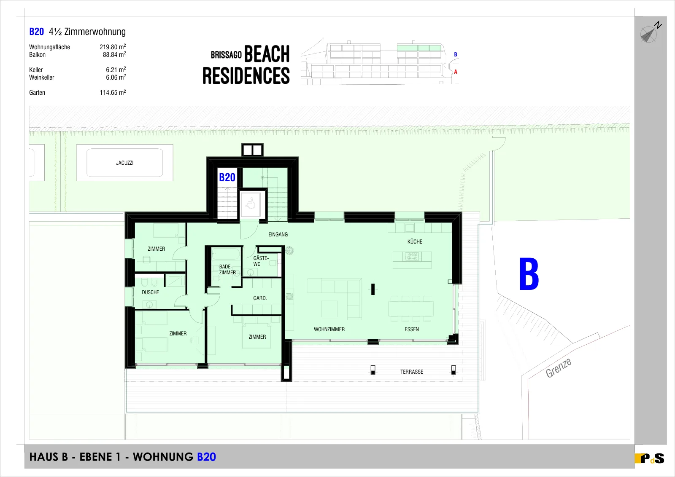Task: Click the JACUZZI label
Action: point(125,163)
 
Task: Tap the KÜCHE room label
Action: point(415,241)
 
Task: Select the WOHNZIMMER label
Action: point(329,329)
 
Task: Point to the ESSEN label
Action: point(412,329)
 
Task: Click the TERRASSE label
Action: point(412,372)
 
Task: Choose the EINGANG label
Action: point(278,234)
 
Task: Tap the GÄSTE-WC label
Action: point(261,261)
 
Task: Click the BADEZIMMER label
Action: point(227,269)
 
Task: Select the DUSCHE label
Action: point(150,292)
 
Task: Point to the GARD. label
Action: point(260,298)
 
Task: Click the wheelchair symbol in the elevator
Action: point(251,203)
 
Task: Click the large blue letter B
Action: point(529,274)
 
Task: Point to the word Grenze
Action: point(559,368)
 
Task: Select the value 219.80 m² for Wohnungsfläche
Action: point(113,47)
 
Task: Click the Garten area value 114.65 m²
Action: point(113,92)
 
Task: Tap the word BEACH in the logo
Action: point(267,54)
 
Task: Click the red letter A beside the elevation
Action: point(456,72)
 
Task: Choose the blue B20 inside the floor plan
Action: point(227,177)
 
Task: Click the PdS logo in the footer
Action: point(650,458)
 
